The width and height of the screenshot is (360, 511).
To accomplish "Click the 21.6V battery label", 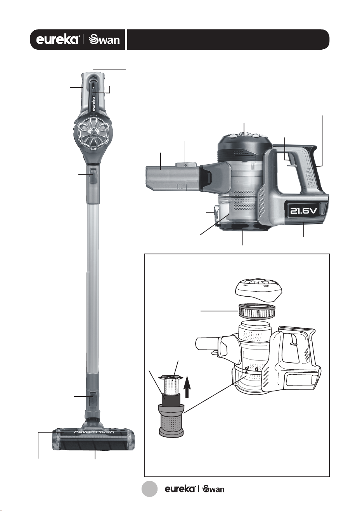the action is point(303,211).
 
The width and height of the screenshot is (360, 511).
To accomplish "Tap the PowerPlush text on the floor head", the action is point(94,433).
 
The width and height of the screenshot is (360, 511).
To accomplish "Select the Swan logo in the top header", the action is point(104,40).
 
